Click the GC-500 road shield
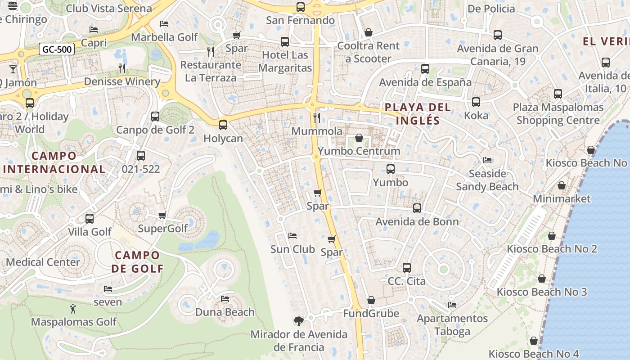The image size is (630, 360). (56, 49)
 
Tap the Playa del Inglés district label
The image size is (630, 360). (418, 114)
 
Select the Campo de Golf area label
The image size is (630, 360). (137, 262)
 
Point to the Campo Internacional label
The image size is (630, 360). (54, 162)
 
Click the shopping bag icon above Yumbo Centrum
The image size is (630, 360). (359, 137)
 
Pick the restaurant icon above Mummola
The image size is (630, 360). (317, 117)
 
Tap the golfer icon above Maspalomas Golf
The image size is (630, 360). (73, 309)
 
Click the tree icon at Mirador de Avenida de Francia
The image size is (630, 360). (298, 321)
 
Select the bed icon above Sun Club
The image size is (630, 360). (292, 236)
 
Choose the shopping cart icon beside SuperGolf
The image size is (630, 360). (162, 215)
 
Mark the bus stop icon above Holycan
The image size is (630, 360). (223, 125)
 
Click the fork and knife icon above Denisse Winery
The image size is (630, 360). (122, 68)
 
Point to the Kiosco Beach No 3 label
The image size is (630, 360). (541, 292)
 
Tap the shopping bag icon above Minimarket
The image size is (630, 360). (562, 185)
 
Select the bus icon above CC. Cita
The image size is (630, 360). (407, 268)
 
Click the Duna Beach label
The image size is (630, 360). (225, 312)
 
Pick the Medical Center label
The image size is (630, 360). (43, 262)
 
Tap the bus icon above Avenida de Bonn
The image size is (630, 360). (417, 208)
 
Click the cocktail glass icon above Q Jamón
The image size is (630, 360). (13, 69)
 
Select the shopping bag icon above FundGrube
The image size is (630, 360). (371, 300)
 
